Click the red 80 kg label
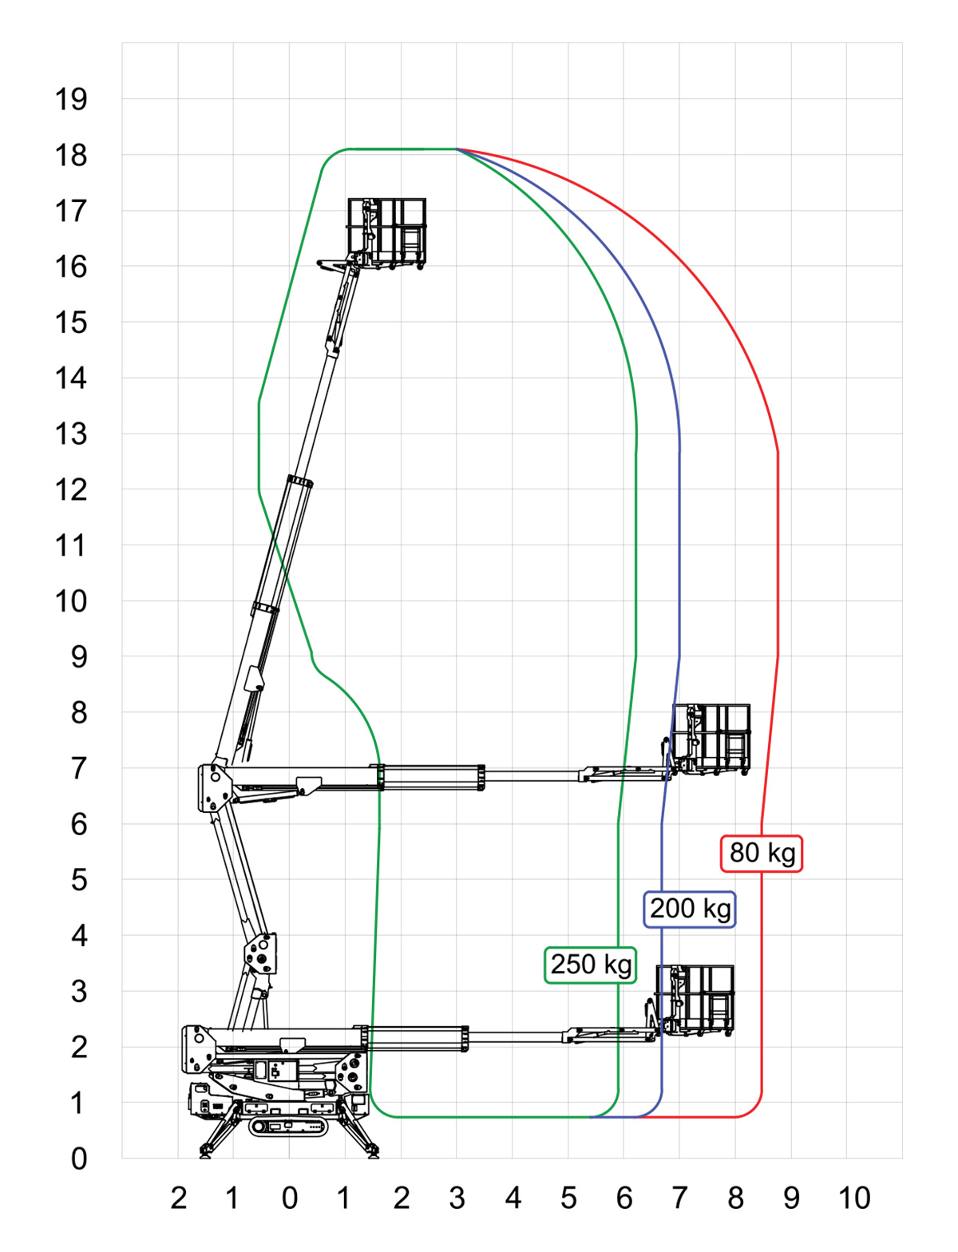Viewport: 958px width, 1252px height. click(762, 853)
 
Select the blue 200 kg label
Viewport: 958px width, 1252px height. click(690, 909)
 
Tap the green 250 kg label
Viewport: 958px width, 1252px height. click(591, 964)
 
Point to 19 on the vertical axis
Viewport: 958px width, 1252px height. click(70, 100)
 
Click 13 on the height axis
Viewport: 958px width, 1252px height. click(70, 434)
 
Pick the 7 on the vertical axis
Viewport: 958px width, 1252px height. click(78, 768)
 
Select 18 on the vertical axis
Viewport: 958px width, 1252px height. click(70, 156)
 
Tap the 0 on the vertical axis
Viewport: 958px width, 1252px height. click(78, 1158)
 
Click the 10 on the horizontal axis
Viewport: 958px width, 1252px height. click(853, 1198)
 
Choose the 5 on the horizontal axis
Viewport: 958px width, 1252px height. click(568, 1198)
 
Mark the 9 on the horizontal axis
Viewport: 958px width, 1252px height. click(791, 1198)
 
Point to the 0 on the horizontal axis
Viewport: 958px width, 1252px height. click(290, 1198)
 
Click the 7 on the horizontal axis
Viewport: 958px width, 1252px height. click(679, 1198)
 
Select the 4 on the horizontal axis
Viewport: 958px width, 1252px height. click(513, 1198)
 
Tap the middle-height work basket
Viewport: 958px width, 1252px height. click(711, 739)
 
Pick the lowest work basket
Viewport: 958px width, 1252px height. click(695, 1000)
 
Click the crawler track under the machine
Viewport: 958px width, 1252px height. click(289, 1126)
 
